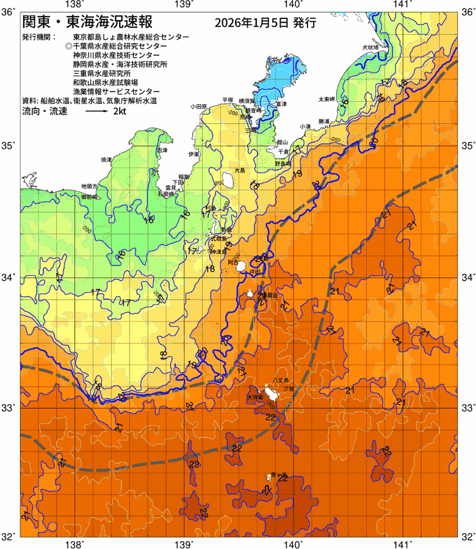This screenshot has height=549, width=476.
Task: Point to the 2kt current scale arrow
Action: click(x=97, y=112)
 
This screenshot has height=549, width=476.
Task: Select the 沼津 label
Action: click(x=162, y=149)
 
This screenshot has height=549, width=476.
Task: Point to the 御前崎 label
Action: click(x=90, y=197)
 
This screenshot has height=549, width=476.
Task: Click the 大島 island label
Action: click(x=240, y=171)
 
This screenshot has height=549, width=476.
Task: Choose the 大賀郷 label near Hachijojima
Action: click(x=254, y=397)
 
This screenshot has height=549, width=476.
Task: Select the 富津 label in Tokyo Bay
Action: click(x=281, y=104)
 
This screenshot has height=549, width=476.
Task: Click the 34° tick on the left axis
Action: click(x=10, y=278)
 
